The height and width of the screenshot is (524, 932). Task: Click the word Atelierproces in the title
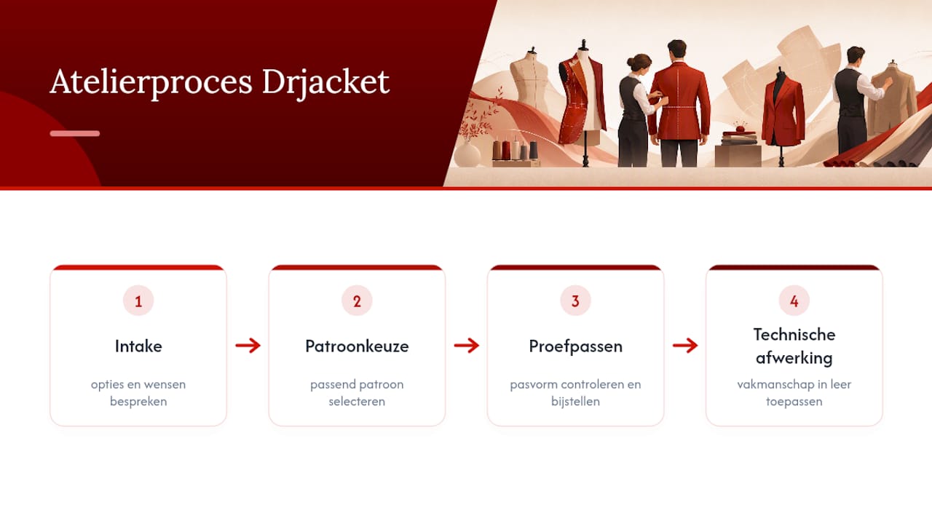(x=151, y=82)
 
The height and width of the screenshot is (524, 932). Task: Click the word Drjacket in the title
(x=325, y=82)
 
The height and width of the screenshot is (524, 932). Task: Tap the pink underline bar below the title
(x=75, y=133)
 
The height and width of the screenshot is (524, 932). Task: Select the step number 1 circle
(x=138, y=301)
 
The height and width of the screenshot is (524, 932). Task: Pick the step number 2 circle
(x=357, y=301)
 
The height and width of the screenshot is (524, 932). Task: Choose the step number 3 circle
(x=575, y=301)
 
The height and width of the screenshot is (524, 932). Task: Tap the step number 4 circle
(x=794, y=301)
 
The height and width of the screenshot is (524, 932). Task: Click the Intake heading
(x=138, y=346)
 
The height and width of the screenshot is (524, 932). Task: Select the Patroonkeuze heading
(x=357, y=346)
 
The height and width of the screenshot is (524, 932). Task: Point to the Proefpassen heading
(x=575, y=346)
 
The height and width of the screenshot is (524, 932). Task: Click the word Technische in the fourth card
(x=794, y=334)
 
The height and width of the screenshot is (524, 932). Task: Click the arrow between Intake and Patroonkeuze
(x=248, y=345)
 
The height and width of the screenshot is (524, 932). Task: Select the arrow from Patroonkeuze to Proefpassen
(x=467, y=345)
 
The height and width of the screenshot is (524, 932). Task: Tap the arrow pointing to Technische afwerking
(x=685, y=345)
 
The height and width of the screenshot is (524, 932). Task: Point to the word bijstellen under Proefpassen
(x=575, y=401)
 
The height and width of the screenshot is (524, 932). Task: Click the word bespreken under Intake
(x=138, y=402)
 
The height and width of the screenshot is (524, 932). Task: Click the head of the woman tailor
(x=639, y=63)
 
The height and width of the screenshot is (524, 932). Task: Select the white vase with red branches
(x=467, y=153)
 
